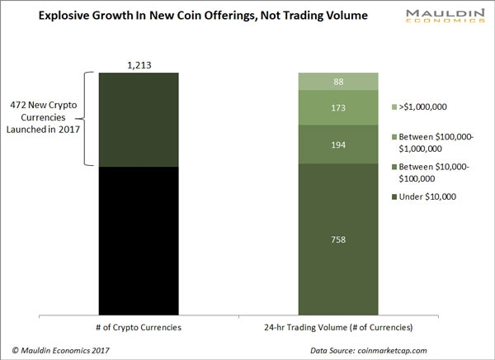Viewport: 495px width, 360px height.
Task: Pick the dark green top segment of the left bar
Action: tap(138, 119)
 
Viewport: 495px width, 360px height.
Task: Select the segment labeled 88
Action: tap(337, 81)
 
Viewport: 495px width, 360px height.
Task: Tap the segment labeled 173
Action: tap(337, 107)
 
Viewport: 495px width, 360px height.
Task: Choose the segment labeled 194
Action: tap(337, 144)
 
